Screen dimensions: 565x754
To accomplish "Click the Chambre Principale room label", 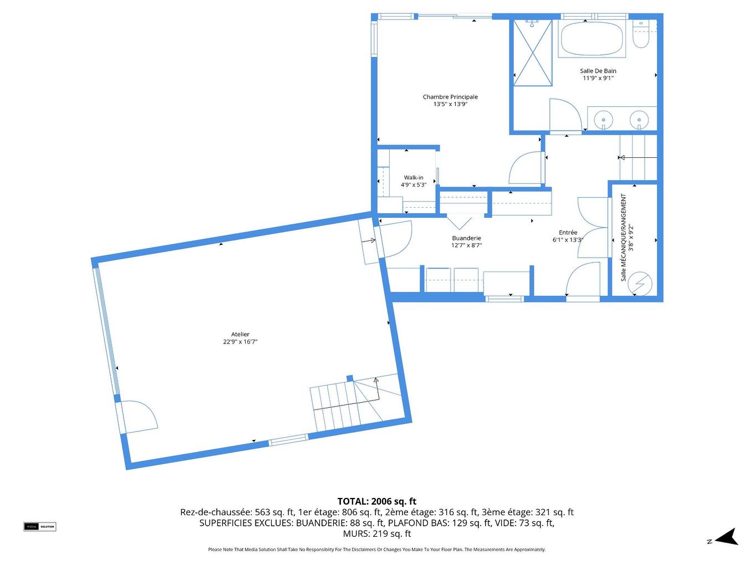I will (x=450, y=97).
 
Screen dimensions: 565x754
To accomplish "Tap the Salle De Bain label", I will (x=598, y=71).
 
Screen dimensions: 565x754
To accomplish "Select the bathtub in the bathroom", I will (x=592, y=39).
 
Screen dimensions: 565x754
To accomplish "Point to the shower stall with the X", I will (x=532, y=53).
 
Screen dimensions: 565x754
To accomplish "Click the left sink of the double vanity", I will (x=603, y=119).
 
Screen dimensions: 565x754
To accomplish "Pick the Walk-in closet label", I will (x=414, y=178).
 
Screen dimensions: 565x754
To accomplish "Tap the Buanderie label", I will (x=466, y=238).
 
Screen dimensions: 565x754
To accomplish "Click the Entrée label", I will (x=568, y=233).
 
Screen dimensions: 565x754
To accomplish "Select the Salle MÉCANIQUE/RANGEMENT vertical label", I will (x=624, y=237).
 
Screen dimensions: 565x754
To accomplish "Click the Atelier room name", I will (x=240, y=335).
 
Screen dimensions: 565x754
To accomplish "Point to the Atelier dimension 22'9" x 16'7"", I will (x=240, y=342).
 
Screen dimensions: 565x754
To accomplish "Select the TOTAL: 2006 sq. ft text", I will (x=376, y=502).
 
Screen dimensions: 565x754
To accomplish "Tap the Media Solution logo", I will (x=40, y=526).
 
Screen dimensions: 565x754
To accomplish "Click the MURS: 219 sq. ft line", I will (x=376, y=534).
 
